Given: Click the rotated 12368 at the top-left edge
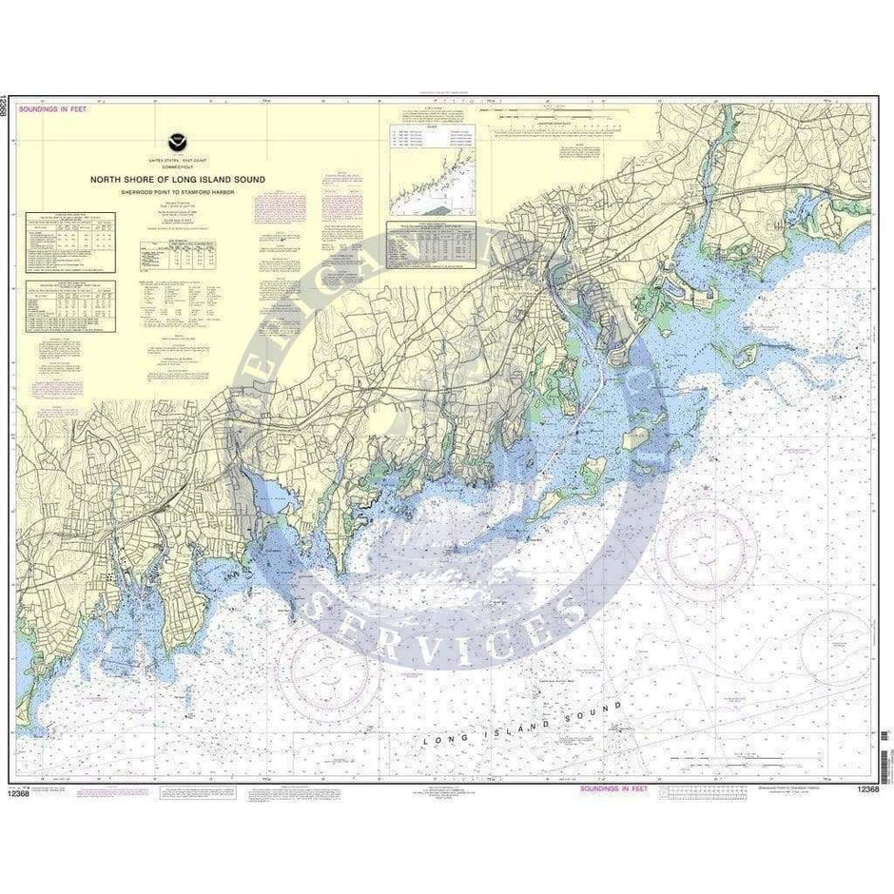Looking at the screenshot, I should point(8,106).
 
